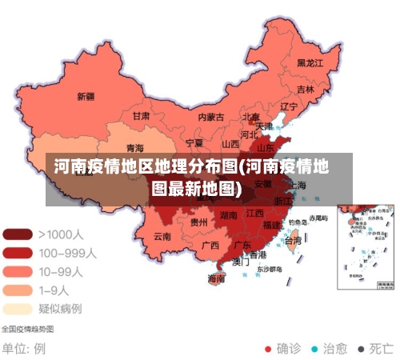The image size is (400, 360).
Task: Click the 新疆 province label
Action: (86, 97)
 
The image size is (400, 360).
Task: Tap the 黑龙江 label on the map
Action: (310, 62)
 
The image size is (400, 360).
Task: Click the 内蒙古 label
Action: (212, 117)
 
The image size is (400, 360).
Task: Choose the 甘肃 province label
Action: (141, 115)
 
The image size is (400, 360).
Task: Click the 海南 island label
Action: (216, 278)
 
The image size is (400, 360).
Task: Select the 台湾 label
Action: (294, 240)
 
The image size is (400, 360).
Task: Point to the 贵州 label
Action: (199, 222)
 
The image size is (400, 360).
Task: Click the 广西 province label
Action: (210, 245)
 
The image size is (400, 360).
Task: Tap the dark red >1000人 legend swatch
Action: (17, 235)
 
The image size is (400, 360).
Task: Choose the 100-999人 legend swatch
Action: (17, 253)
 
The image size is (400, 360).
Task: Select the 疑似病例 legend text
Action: (60, 308)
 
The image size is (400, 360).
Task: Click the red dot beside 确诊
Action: (269, 349)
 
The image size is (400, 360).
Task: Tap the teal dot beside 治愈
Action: (314, 349)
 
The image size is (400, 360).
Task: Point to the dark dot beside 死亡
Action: (361, 349)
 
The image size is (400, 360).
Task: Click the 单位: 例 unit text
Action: (23, 349)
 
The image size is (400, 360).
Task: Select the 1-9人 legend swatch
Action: (17, 290)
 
